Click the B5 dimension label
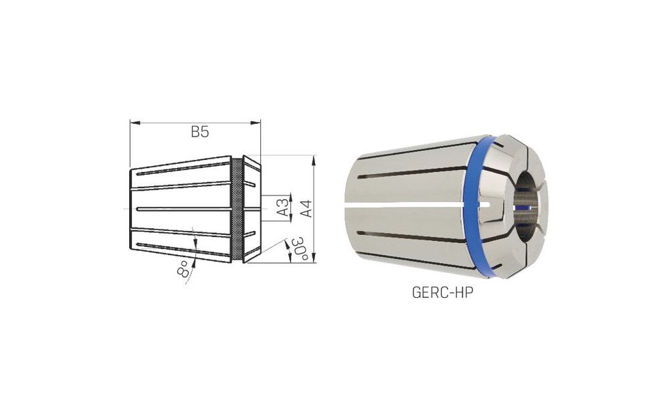click(199, 132)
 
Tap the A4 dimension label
click(307, 209)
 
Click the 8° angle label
click(183, 269)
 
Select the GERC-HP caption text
click(442, 293)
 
